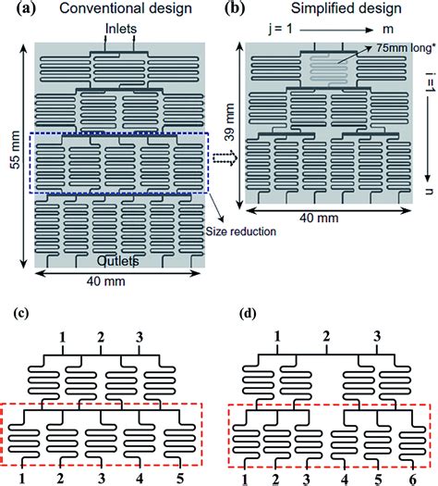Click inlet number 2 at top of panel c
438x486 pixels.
point(100,336)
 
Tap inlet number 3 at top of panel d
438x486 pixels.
point(375,336)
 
